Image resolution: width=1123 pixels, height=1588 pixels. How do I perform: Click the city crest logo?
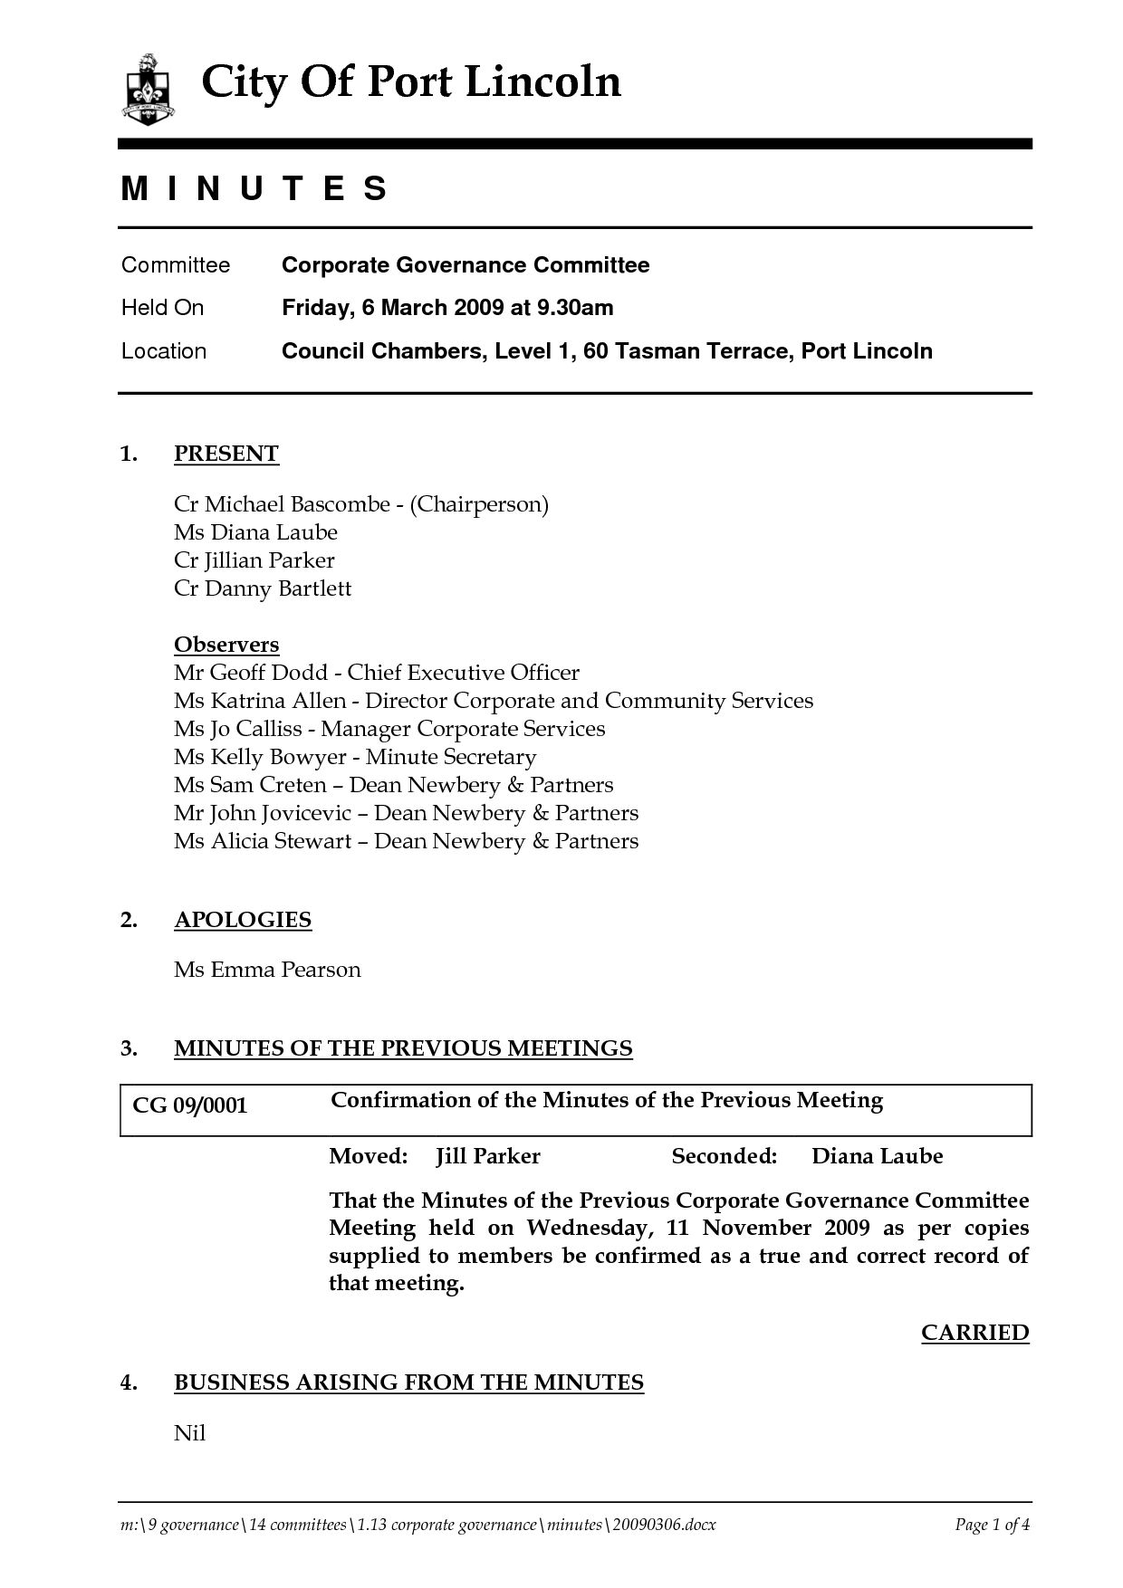pos(148,89)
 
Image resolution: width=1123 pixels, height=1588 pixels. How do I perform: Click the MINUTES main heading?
pos(255,188)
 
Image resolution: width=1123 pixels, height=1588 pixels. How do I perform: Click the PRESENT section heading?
pos(226,454)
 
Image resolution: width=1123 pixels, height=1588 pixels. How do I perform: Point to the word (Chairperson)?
pos(479,504)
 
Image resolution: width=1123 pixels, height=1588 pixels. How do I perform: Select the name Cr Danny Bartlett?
pos(263,588)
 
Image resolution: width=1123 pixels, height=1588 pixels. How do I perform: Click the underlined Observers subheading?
pos(226,645)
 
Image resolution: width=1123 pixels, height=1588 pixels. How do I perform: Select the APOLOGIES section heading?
pos(243,920)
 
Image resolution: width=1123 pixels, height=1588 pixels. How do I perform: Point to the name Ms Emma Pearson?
pos(267,970)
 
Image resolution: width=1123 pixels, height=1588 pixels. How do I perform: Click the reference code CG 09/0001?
pos(190,1106)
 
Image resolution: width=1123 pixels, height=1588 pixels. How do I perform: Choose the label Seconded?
pos(725,1156)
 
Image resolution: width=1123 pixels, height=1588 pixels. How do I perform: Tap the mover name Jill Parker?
pos(488,1156)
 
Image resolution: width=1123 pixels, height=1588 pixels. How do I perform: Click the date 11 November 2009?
pos(768,1229)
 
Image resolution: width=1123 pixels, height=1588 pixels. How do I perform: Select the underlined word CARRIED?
pos(974,1333)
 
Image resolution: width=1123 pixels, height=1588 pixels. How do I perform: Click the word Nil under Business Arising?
pos(190,1433)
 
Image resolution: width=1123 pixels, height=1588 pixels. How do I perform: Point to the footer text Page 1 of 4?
pos(993,1525)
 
